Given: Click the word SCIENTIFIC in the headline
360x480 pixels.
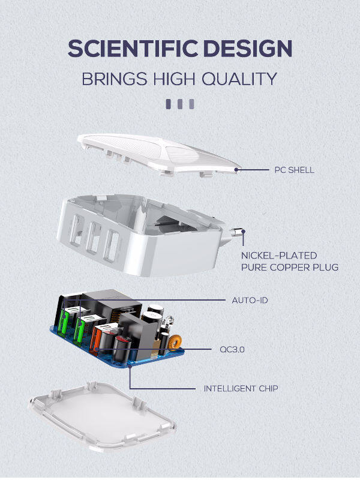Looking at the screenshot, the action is point(133,49).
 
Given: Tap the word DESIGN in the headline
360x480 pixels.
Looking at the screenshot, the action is point(247,49).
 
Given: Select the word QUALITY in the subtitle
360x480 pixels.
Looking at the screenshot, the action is point(239,79).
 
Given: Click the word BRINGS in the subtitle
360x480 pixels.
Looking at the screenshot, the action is point(114,79).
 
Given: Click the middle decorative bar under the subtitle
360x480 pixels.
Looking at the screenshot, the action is point(180,104).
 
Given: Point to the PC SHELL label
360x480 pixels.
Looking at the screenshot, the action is point(294,170).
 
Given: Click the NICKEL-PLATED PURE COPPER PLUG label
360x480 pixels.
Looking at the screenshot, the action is point(290,262).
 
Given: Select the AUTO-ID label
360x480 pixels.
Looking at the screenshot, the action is point(250,301).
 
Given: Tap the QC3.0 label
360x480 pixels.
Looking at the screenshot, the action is point(232,349).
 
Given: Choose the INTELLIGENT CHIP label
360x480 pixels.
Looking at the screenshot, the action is point(241,388).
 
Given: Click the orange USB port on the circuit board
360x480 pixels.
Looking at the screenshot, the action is point(95,340).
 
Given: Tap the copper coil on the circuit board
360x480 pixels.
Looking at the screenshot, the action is point(175,342).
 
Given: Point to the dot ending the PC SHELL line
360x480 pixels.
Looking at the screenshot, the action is point(236,169).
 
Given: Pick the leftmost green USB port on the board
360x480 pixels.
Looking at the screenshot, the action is point(65,323).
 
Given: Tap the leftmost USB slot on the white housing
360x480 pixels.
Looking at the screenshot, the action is point(77,230).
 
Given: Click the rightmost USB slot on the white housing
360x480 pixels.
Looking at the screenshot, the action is point(112,246).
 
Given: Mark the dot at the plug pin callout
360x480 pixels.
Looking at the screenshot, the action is point(244,232).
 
